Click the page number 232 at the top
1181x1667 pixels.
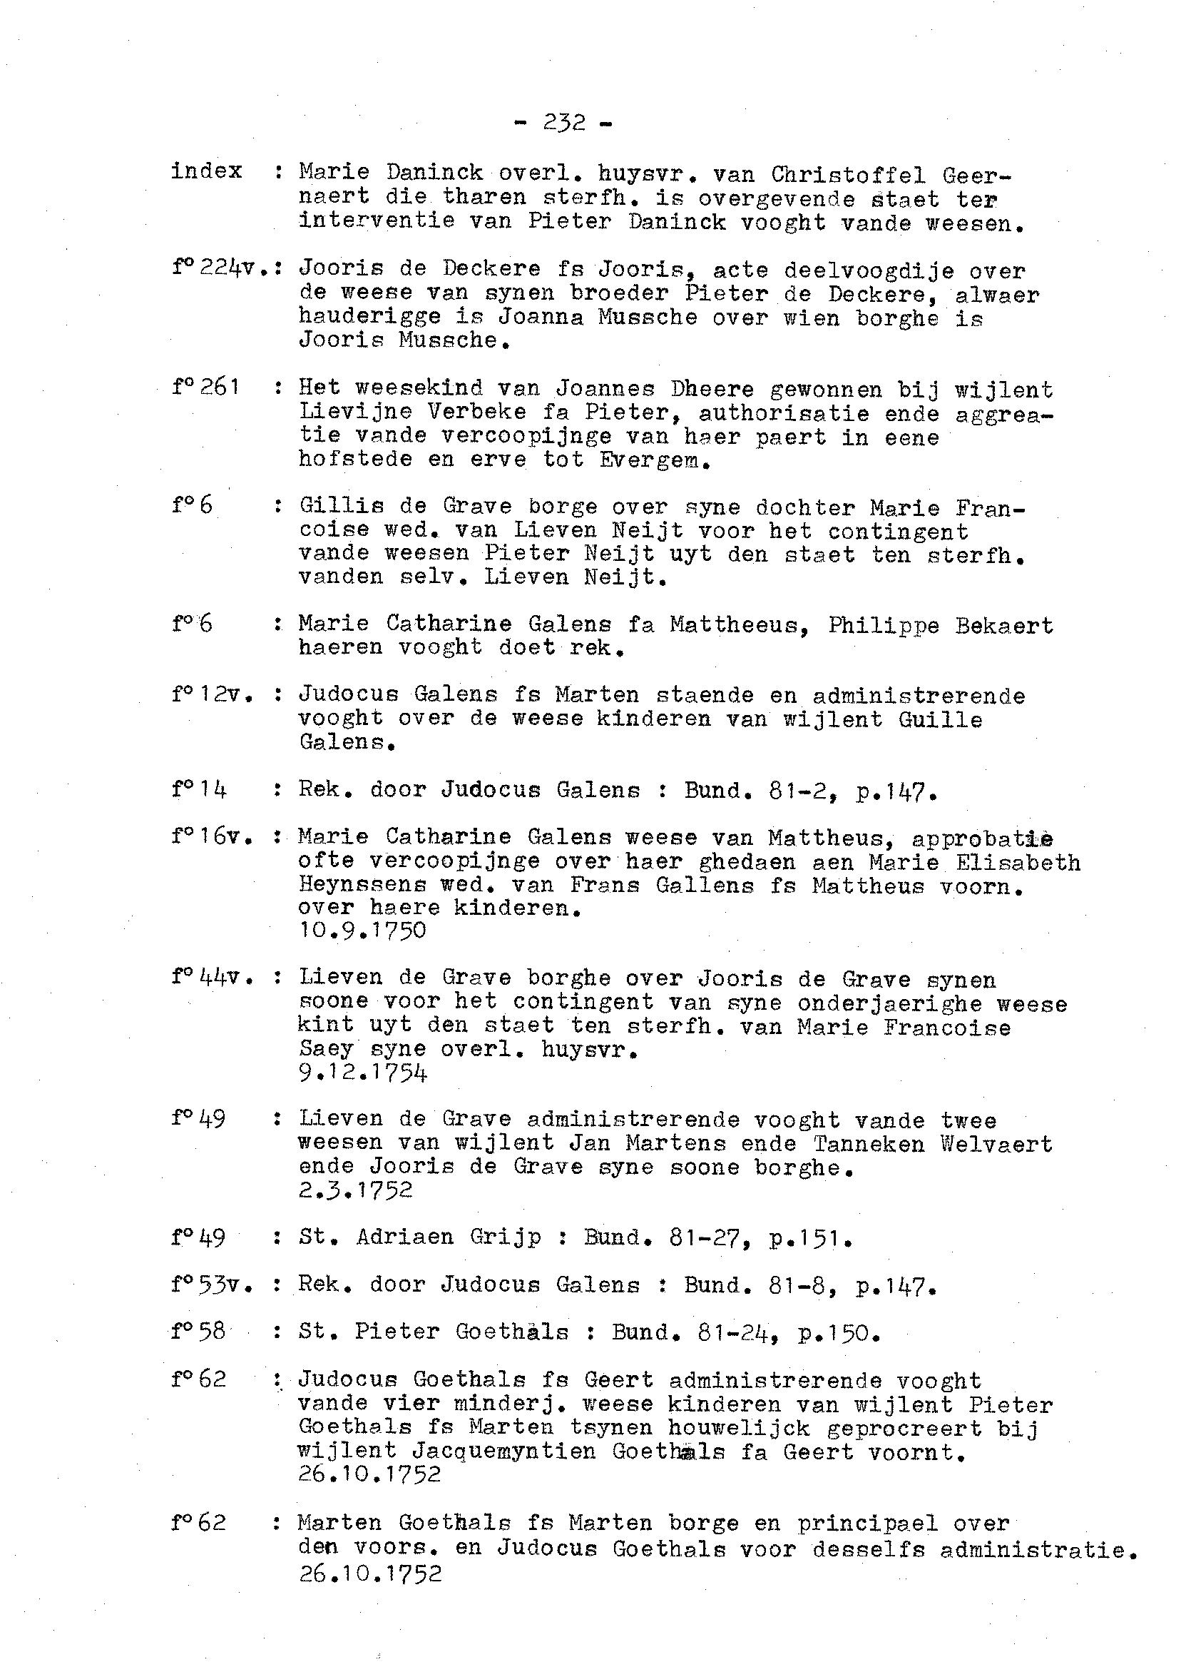pyautogui.click(x=563, y=122)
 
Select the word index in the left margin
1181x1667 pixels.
pyautogui.click(x=207, y=171)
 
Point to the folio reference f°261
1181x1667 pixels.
pyautogui.click(x=206, y=387)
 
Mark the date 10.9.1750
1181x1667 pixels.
pyautogui.click(x=362, y=931)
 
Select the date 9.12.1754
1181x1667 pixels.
pyautogui.click(x=362, y=1073)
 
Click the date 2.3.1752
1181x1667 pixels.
pyautogui.click(x=356, y=1190)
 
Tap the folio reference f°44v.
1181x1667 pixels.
pyautogui.click(x=213, y=977)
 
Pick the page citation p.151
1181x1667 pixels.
pyautogui.click(x=809, y=1237)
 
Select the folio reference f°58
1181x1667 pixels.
pyautogui.click(x=199, y=1332)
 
